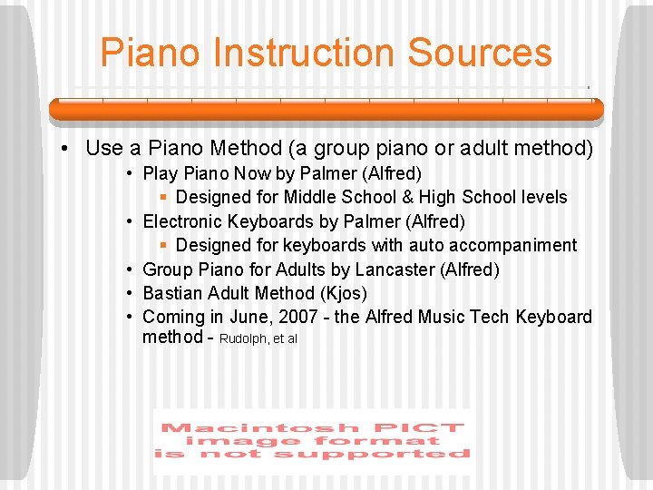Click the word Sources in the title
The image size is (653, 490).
[x=480, y=53]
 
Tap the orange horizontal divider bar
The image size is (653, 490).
[x=326, y=109]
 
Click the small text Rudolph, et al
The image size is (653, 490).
[x=258, y=339]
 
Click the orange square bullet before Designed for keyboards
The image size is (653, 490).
[x=164, y=246]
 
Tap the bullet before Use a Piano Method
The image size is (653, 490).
[x=68, y=148]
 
